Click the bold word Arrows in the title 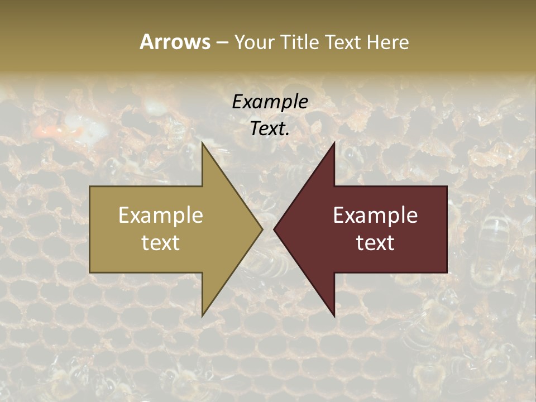(x=175, y=42)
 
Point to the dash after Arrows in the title (x=222, y=42)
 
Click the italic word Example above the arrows (x=270, y=102)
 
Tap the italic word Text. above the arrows (x=270, y=129)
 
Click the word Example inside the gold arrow (x=160, y=215)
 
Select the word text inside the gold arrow (x=160, y=242)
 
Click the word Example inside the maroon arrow (x=375, y=215)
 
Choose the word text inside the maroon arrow (x=375, y=242)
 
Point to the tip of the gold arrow (x=262, y=229)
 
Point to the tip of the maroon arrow (x=274, y=229)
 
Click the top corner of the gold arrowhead (x=203, y=143)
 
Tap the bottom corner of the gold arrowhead (x=203, y=316)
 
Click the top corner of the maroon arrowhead (x=334, y=143)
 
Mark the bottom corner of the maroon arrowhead (x=334, y=316)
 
